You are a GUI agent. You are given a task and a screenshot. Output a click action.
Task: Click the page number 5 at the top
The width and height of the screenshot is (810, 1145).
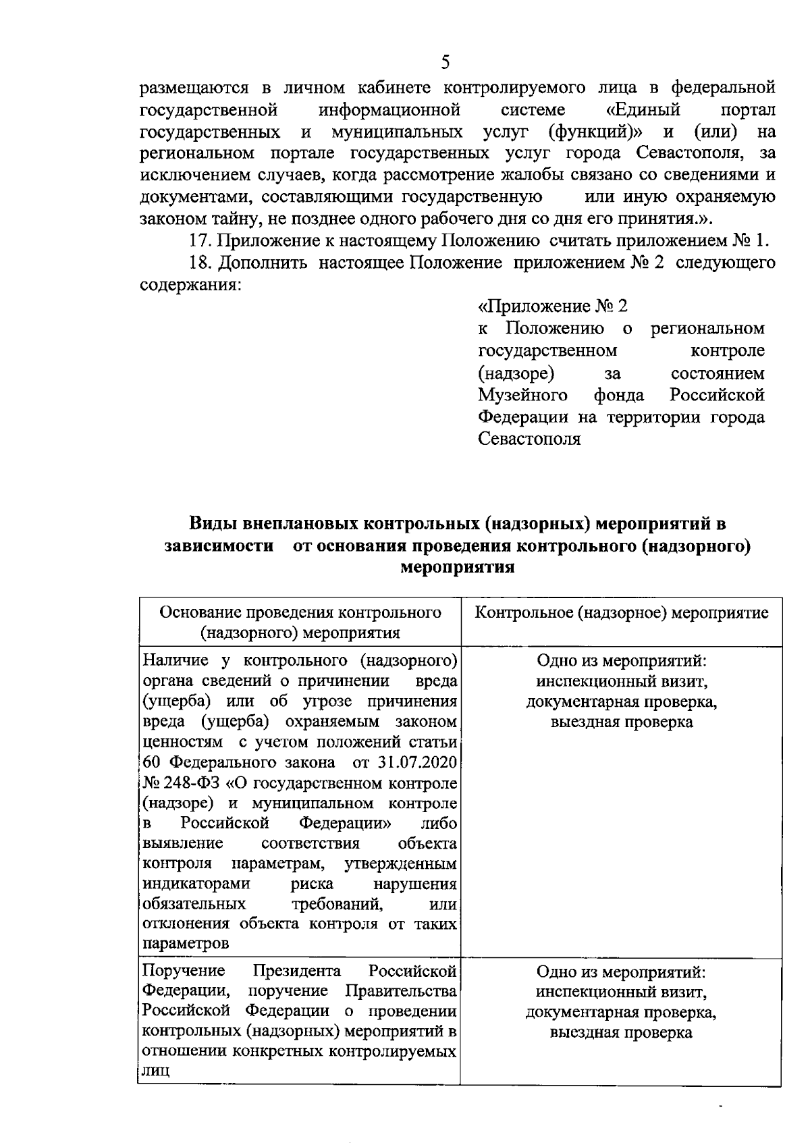tap(445, 63)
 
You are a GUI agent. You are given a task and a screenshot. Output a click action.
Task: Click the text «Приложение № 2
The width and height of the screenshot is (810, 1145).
tap(552, 307)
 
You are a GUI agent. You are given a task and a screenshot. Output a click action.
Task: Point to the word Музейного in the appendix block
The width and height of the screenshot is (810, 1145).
tap(522, 395)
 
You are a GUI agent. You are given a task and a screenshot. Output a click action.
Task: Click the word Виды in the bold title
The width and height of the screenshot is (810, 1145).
tap(211, 523)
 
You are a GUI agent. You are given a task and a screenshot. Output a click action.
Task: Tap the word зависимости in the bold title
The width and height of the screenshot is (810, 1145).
tap(220, 545)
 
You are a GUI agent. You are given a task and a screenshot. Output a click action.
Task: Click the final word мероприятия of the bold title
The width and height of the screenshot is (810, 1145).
tap(458, 567)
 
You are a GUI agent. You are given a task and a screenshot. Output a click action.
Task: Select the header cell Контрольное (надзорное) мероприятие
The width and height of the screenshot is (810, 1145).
tap(622, 613)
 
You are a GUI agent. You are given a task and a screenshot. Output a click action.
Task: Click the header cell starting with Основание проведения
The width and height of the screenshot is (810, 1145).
tap(300, 622)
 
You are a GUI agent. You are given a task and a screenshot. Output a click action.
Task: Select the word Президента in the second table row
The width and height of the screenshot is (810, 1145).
tap(297, 971)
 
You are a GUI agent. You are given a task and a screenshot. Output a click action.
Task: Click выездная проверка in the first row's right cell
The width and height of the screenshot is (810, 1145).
tap(621, 722)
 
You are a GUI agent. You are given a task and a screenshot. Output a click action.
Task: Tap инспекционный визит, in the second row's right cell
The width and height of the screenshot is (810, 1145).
tap(621, 992)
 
